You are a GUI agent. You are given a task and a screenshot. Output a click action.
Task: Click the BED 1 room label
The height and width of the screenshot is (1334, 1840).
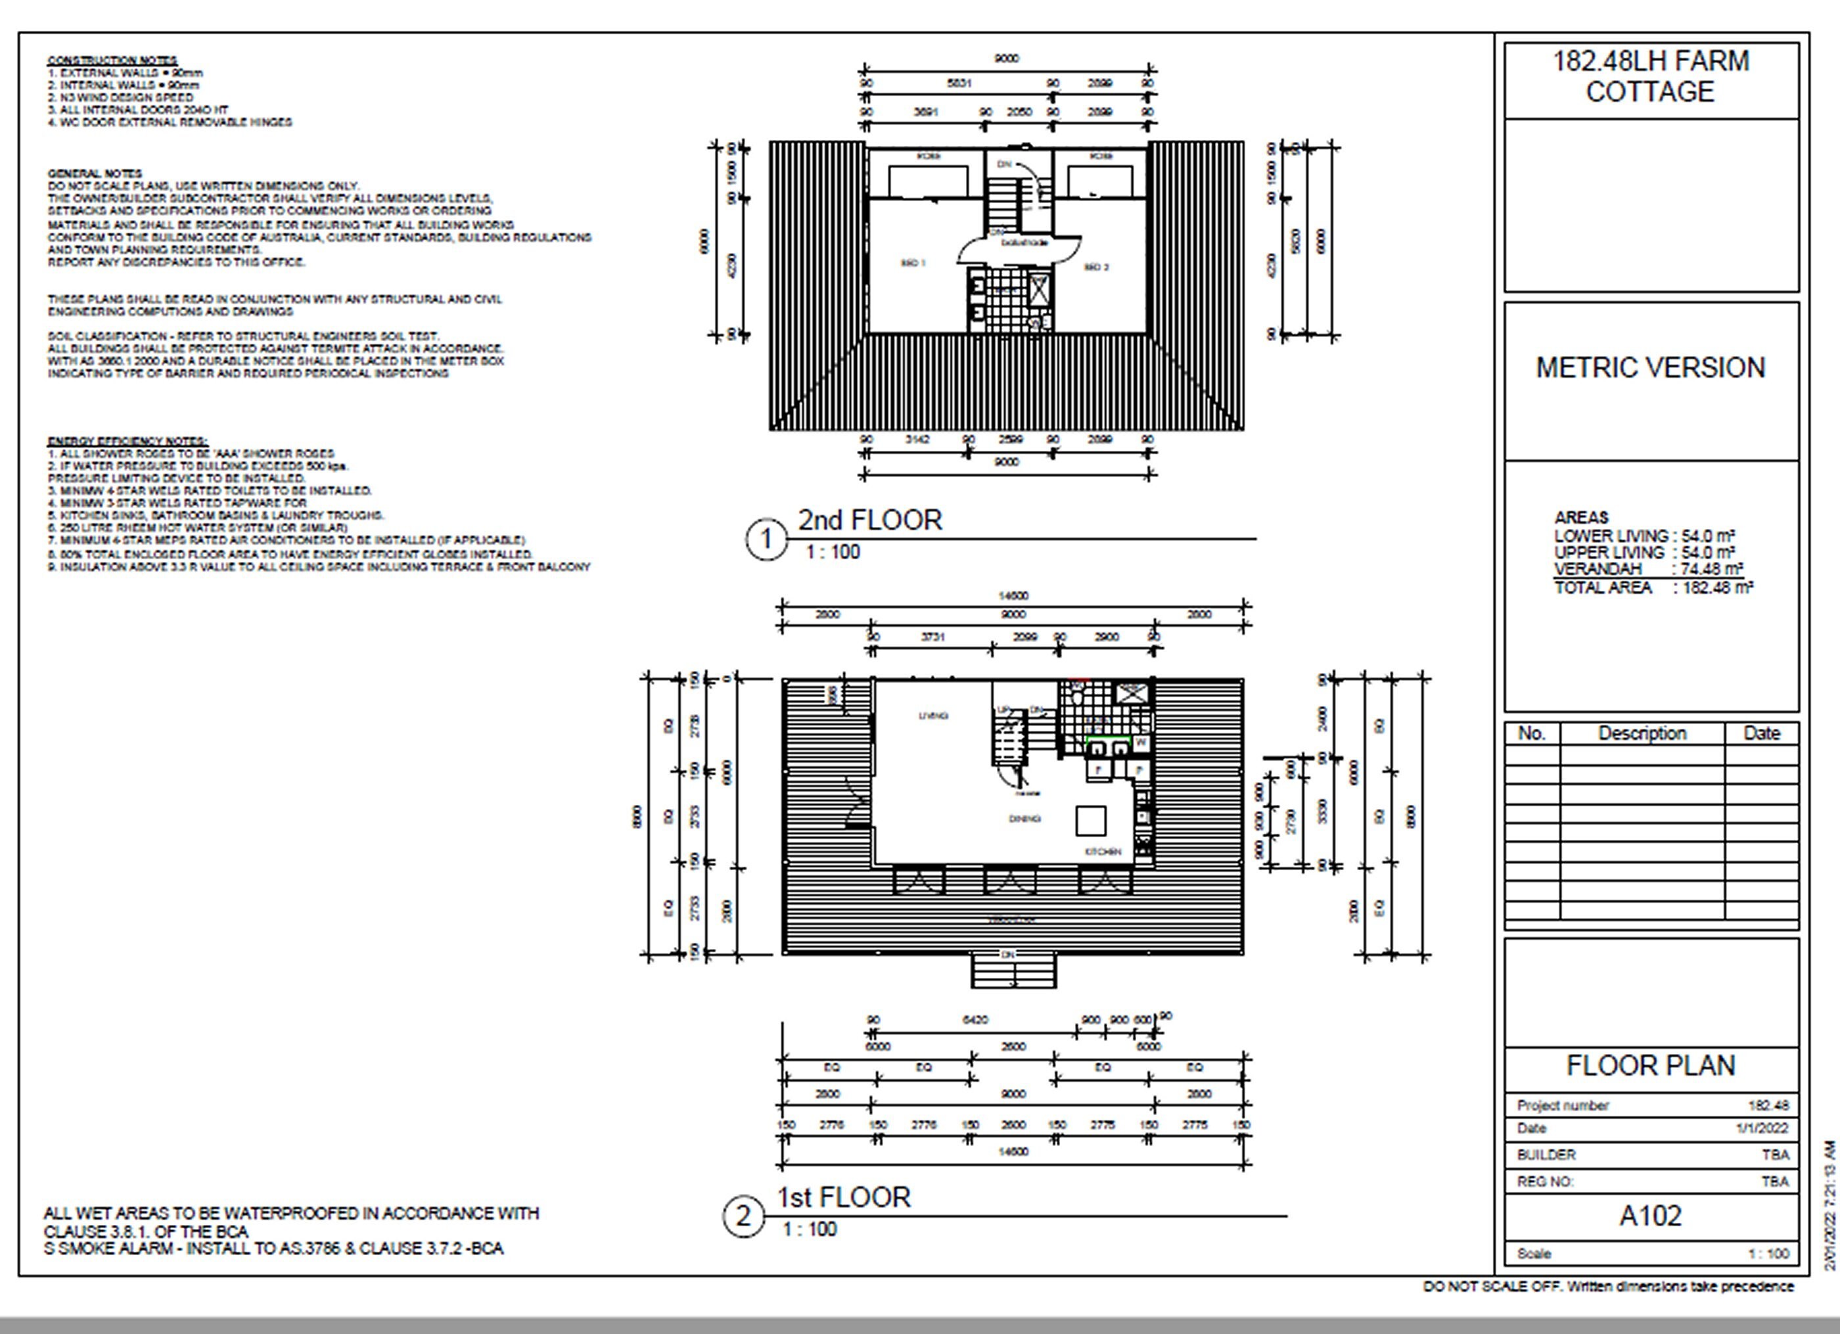(x=913, y=263)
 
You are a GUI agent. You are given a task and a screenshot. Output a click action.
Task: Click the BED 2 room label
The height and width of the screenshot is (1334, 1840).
(x=1096, y=267)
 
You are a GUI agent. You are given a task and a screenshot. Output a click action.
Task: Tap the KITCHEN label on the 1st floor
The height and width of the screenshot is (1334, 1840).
(x=1103, y=851)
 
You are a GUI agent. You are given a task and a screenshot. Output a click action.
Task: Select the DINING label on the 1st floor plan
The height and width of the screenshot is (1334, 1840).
(x=1024, y=819)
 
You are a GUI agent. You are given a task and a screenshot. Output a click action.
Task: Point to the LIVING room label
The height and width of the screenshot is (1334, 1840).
(x=933, y=716)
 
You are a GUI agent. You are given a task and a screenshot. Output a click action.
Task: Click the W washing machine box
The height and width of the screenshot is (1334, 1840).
(x=1141, y=743)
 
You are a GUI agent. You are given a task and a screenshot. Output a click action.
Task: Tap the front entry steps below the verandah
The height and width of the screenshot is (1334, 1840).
(x=1013, y=972)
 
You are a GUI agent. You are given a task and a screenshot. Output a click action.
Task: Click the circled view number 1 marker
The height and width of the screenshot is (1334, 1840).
(x=765, y=540)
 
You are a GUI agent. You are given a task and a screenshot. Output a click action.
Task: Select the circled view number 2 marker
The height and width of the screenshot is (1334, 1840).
(x=743, y=1216)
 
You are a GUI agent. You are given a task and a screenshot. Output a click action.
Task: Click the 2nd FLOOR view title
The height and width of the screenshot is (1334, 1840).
(x=869, y=520)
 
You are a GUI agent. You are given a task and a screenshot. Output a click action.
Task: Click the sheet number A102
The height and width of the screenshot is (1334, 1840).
(x=1650, y=1216)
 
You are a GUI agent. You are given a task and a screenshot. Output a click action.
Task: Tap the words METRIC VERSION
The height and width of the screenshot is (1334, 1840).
(x=1650, y=367)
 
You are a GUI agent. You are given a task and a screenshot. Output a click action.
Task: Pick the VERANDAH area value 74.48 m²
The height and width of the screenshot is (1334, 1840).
(x=1712, y=569)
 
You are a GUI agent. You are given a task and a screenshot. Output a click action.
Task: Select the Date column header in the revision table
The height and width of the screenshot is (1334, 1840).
(x=1761, y=733)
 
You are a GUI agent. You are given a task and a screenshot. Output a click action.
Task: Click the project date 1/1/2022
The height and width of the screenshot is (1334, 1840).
(x=1761, y=1128)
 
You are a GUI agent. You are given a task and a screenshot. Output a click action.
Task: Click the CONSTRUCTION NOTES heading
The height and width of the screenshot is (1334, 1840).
(x=112, y=60)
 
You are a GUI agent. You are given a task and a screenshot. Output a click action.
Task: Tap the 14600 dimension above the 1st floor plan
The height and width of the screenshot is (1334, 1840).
(x=1013, y=595)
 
